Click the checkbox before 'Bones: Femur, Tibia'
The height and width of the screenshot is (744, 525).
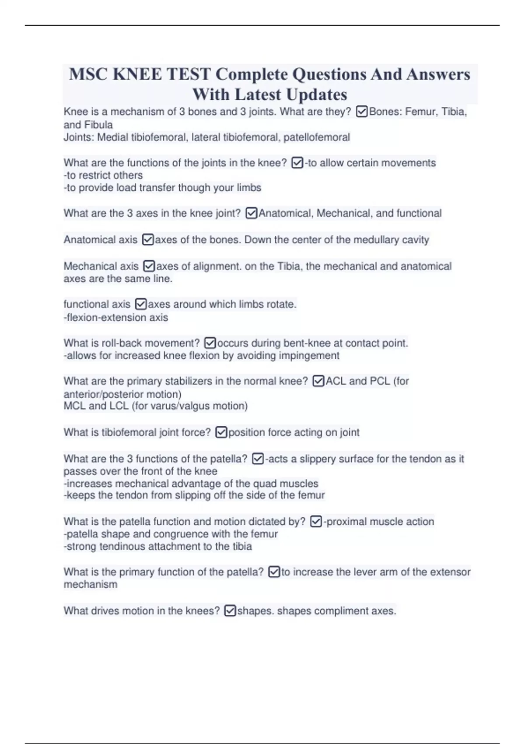pos(362,112)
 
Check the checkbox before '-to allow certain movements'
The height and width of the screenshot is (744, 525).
pos(297,163)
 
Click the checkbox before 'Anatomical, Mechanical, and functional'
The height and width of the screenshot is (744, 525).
pos(252,213)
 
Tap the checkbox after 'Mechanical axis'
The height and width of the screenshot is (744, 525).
pos(149,266)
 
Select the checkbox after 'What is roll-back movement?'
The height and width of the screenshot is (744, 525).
pos(210,343)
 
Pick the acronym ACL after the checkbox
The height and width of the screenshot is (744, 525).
pos(336,381)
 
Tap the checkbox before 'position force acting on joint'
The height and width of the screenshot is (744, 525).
pos(221,432)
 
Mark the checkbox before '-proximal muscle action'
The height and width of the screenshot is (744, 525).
pos(316,522)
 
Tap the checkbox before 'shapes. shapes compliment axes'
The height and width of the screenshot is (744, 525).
pos(230,611)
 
